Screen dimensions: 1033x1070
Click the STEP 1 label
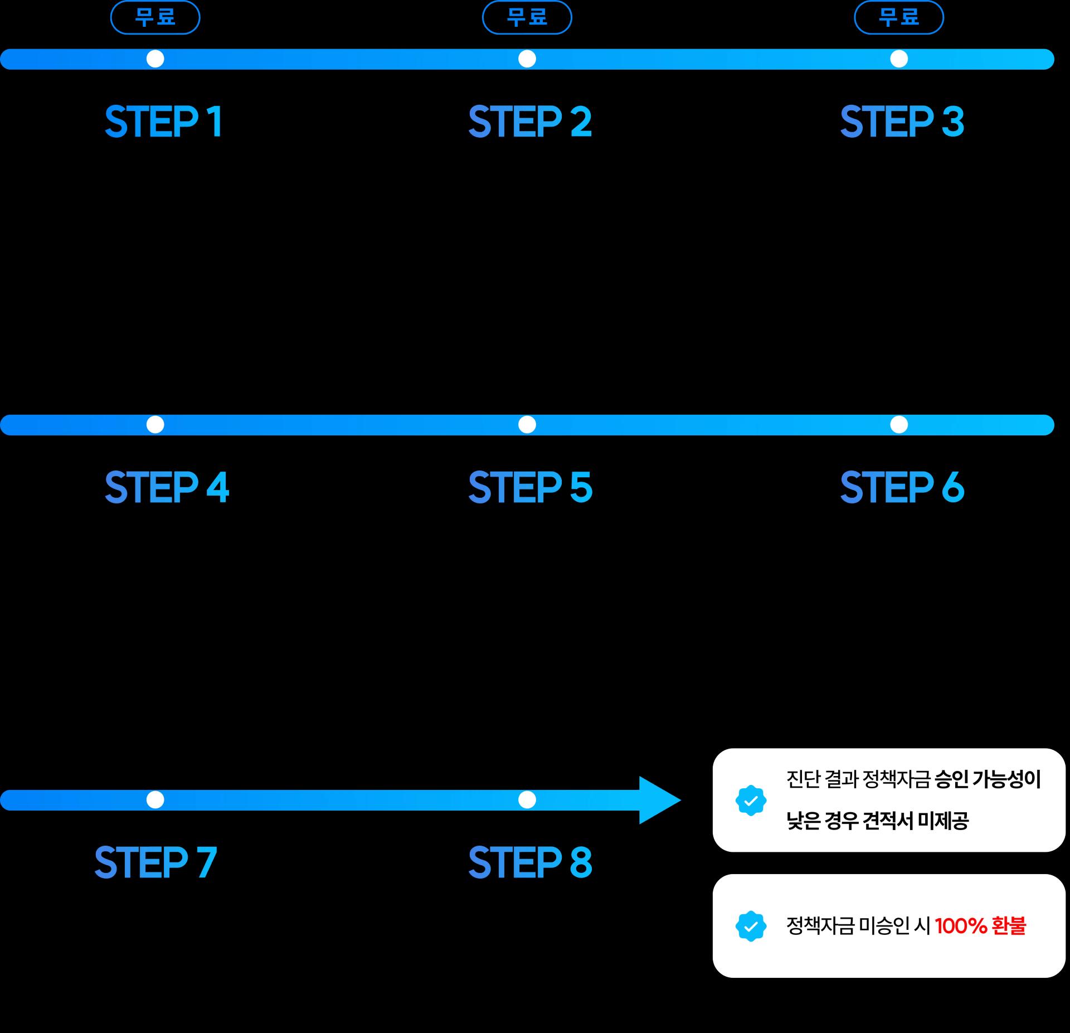tap(164, 121)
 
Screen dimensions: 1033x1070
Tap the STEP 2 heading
tap(530, 121)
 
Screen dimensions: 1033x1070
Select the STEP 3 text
tap(902, 121)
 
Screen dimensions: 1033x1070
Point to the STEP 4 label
tap(167, 487)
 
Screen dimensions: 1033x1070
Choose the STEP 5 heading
tap(530, 487)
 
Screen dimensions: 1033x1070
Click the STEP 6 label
tap(902, 487)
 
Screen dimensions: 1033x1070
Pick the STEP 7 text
tap(155, 862)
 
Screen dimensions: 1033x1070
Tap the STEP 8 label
tap(530, 862)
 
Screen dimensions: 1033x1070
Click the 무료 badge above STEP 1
tap(155, 17)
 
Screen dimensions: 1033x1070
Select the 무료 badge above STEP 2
tap(527, 17)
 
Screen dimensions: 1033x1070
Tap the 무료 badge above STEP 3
tap(899, 17)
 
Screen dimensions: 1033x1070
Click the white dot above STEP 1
tap(155, 59)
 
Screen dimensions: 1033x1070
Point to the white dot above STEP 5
tap(527, 425)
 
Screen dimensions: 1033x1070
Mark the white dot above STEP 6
tap(899, 425)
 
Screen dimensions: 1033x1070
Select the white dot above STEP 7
tap(155, 800)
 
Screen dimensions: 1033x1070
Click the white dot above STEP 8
tap(527, 800)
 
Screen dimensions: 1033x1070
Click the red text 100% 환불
tap(980, 926)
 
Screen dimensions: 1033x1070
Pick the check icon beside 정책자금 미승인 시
tap(751, 926)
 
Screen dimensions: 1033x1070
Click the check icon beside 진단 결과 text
tap(751, 801)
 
